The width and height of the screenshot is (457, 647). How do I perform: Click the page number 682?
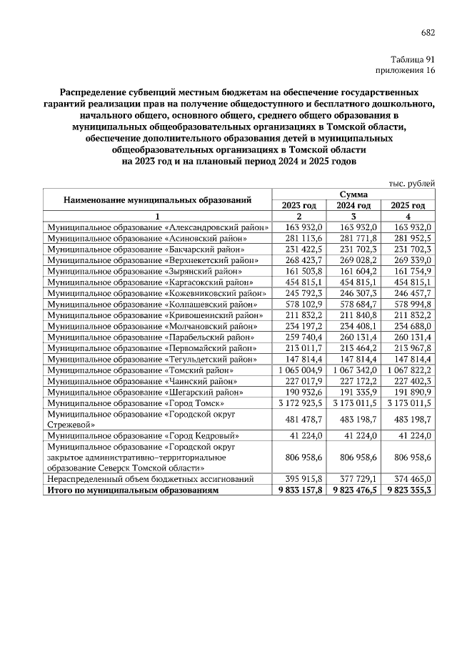click(427, 32)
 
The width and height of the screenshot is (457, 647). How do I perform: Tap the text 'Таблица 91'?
click(413, 59)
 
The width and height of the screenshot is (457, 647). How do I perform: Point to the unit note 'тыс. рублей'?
click(411, 183)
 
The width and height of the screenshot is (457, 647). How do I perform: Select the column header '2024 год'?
click(354, 205)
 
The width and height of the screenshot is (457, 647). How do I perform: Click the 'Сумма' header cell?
click(354, 194)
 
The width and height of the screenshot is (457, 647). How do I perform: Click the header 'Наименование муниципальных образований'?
click(159, 199)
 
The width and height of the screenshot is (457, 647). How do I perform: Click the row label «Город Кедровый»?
click(144, 435)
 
